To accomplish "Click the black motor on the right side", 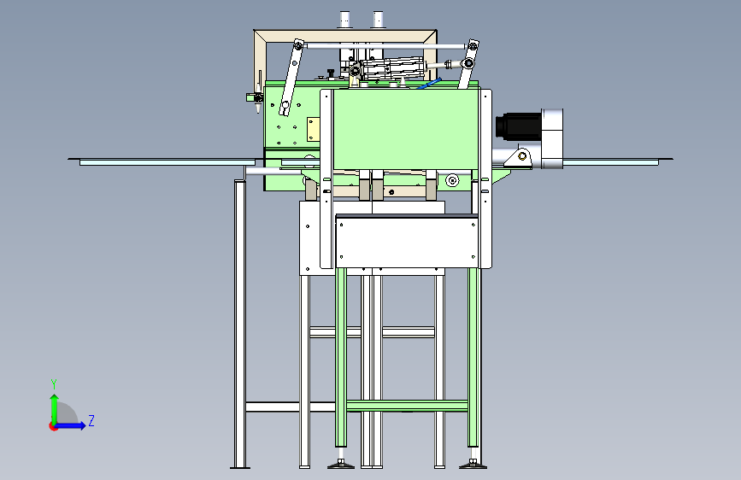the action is coord(519,126).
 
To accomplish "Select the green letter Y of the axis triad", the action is coord(54,384).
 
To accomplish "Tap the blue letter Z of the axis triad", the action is coord(91,420).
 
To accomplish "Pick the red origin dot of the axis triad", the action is coord(53,426).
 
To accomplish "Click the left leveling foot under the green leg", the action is coord(341,464).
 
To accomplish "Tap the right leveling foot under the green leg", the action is coord(473,464).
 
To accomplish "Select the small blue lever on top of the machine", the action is coord(430,83).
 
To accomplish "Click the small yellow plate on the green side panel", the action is coord(313,130).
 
